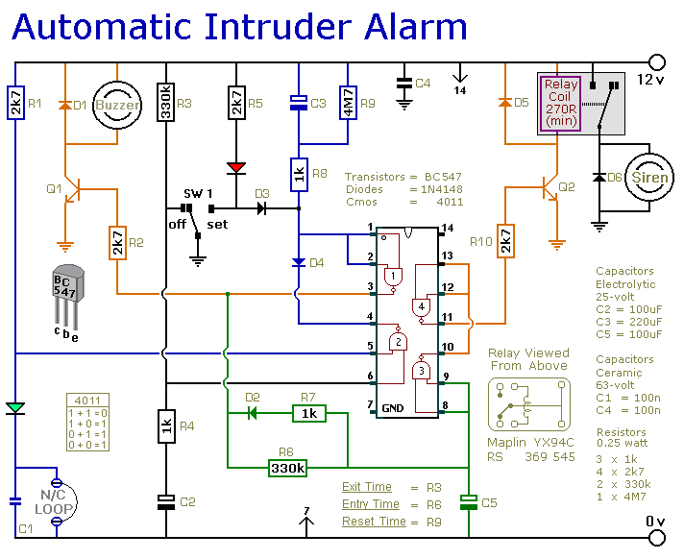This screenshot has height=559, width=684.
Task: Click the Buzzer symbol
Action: coord(116,104)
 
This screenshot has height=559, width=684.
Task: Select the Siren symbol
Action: coord(649,179)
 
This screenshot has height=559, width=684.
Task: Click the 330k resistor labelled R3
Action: coord(165,104)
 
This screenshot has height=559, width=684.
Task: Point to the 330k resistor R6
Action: coord(286,468)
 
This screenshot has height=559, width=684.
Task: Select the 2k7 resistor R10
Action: coord(504,240)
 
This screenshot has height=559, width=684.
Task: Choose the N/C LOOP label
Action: coord(56,500)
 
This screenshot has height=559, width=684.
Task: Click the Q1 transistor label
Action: coord(53,188)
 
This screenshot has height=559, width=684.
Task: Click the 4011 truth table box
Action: coord(87,419)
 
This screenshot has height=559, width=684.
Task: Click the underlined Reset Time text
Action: coord(366,521)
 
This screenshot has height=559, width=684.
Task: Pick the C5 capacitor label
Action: coord(488,501)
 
